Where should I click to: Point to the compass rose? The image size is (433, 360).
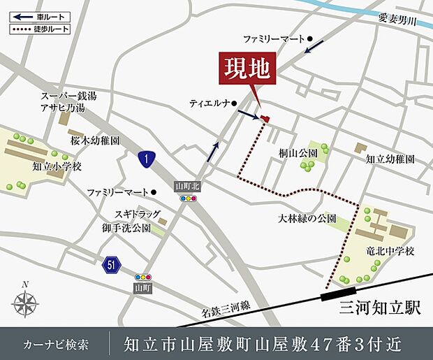pyautogui.click(x=24, y=303)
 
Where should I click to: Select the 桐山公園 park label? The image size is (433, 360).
pyautogui.click(x=298, y=152)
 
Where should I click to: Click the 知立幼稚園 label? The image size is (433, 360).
pyautogui.click(x=390, y=159)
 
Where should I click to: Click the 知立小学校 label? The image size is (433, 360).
pyautogui.click(x=57, y=166)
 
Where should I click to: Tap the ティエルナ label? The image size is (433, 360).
pyautogui.click(x=210, y=103)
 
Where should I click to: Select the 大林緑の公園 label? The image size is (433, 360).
pyautogui.click(x=307, y=219)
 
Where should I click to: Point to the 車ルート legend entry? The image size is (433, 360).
pyautogui.click(x=36, y=16)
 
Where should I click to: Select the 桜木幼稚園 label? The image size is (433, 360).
pyautogui.click(x=95, y=141)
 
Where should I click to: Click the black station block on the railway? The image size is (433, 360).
pyautogui.click(x=337, y=295)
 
